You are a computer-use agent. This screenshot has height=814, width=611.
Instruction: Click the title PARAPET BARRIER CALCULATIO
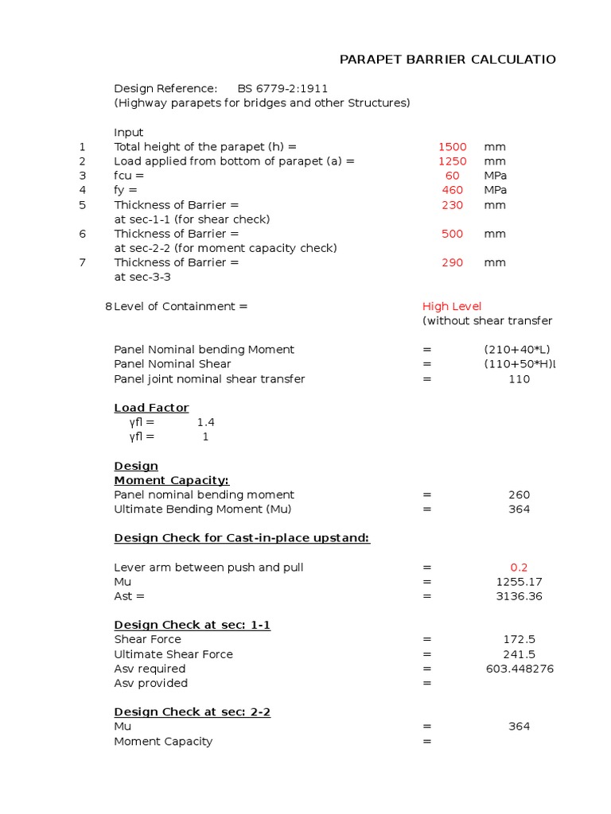pos(447,60)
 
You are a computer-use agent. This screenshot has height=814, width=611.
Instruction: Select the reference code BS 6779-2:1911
pos(282,88)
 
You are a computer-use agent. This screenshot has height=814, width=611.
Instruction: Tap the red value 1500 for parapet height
pos(452,147)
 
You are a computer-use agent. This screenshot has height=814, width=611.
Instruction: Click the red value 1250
pos(452,161)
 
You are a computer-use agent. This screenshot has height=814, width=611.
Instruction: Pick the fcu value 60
pos(452,176)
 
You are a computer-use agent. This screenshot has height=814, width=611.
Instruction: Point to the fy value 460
pos(452,190)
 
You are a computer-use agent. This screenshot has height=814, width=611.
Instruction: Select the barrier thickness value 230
pos(452,205)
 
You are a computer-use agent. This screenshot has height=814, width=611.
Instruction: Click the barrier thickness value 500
pos(452,234)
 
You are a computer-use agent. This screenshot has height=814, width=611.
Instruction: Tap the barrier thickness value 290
pos(452,262)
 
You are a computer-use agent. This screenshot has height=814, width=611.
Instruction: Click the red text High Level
pos(451,307)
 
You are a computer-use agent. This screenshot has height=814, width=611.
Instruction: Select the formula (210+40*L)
pos(517,350)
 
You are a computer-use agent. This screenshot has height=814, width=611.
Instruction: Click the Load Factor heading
pos(151,408)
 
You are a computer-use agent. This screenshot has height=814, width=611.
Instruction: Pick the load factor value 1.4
pos(205,422)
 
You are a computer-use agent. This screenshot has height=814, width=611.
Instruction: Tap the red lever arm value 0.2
pos(519,568)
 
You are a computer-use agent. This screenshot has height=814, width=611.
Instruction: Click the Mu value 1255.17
pos(519,582)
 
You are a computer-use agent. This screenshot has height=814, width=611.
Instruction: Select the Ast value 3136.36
pos(519,596)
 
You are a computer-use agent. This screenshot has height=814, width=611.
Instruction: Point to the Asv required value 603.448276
pos(520,669)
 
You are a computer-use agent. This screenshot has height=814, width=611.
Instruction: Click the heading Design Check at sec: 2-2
pos(192,711)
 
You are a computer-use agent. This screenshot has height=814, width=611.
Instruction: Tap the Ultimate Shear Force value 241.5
pos(519,654)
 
